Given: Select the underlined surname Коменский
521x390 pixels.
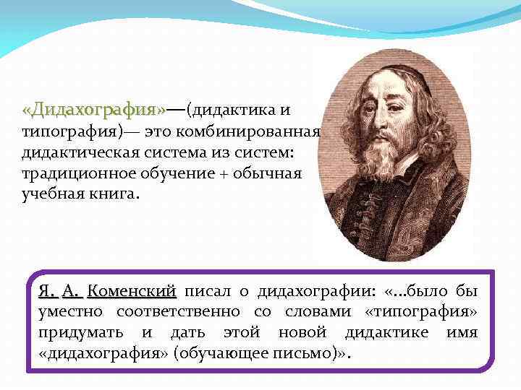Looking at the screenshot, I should (132, 292).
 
